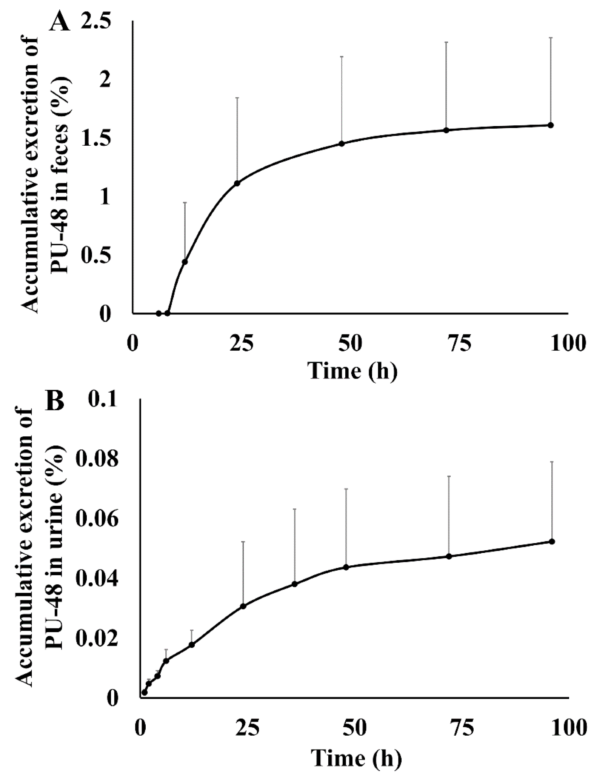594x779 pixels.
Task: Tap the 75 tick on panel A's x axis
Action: tap(459, 344)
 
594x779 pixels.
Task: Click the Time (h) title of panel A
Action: tap(352, 371)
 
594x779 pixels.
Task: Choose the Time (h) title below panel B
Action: tap(356, 757)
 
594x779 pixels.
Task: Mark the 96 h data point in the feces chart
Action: tap(550, 125)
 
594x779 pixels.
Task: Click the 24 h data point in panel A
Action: tap(237, 183)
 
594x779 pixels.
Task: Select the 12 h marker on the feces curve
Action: tap(185, 262)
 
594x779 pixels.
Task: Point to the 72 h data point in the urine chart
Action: tap(449, 556)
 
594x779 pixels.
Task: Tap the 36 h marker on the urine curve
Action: tap(295, 584)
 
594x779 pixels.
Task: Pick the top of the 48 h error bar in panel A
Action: tap(342, 57)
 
